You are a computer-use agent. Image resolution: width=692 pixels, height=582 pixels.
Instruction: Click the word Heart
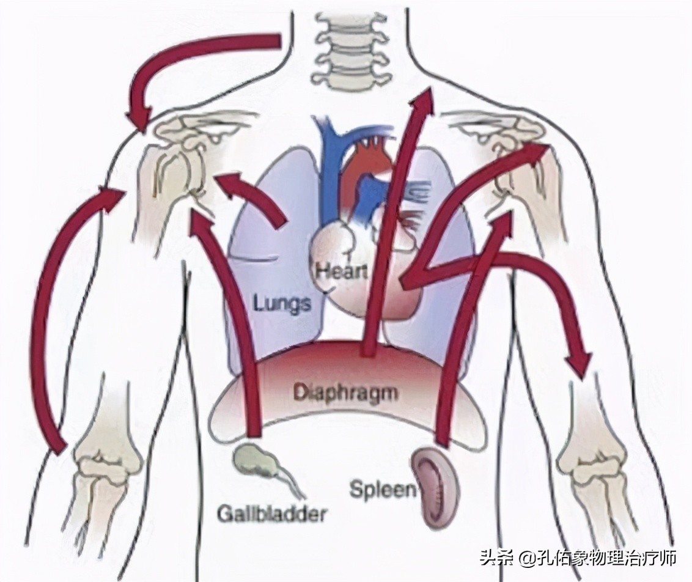342,270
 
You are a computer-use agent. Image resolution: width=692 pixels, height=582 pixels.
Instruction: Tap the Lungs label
282,301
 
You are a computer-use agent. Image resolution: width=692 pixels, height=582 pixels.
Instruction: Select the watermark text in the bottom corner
577,558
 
